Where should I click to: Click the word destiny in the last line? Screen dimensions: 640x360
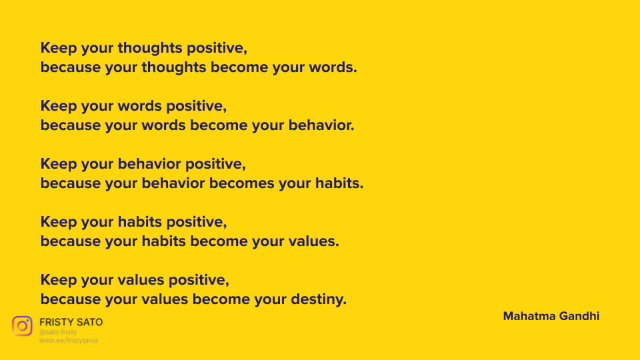(319, 299)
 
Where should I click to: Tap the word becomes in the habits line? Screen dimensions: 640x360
(241, 183)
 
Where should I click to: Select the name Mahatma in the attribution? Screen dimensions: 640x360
(529, 316)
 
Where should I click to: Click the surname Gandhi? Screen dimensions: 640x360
(579, 316)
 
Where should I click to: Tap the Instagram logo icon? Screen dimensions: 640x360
(22, 326)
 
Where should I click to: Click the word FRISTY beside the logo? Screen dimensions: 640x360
(56, 322)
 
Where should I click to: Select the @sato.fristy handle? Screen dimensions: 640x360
(58, 332)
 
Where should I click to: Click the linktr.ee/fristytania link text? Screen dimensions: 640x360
(68, 341)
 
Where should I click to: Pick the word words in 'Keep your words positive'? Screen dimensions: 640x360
(139, 106)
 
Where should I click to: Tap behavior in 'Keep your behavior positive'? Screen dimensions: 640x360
(149, 164)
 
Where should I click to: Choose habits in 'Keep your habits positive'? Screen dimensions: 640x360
(140, 222)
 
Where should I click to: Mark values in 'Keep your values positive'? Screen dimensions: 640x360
(141, 280)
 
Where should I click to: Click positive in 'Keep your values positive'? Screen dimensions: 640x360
(199, 281)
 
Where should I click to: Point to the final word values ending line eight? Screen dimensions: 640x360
(313, 241)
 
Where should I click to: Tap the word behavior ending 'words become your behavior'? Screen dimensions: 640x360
(321, 125)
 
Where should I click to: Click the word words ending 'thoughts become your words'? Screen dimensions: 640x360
(333, 67)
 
